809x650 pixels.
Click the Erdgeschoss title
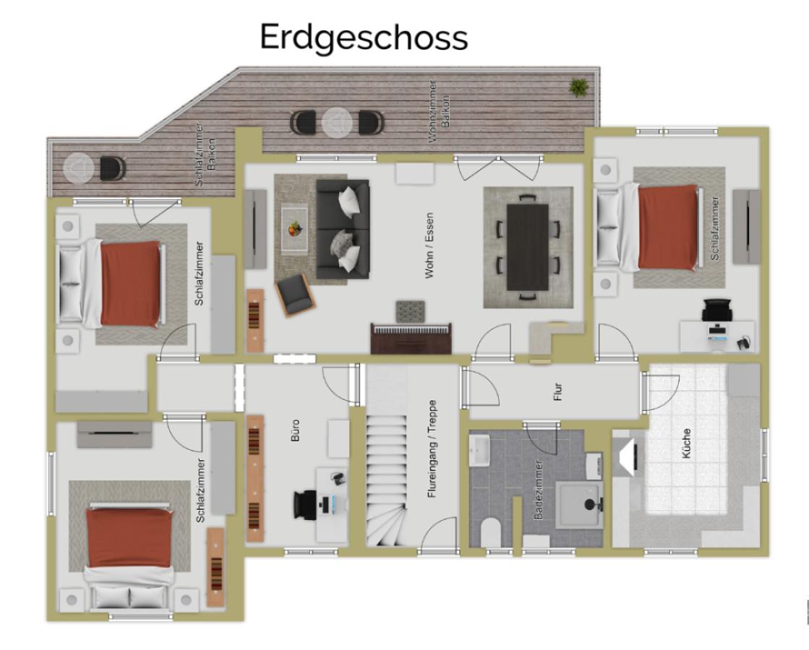tap(364, 37)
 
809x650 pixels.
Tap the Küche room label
tap(686, 443)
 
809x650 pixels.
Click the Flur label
tap(557, 391)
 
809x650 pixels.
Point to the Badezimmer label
tap(538, 490)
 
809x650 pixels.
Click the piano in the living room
tap(411, 338)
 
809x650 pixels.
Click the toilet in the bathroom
tap(491, 533)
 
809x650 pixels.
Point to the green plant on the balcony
tap(578, 87)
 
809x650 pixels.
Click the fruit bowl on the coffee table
tap(294, 230)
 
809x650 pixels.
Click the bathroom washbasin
tap(481, 452)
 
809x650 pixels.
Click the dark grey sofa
tap(343, 227)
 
